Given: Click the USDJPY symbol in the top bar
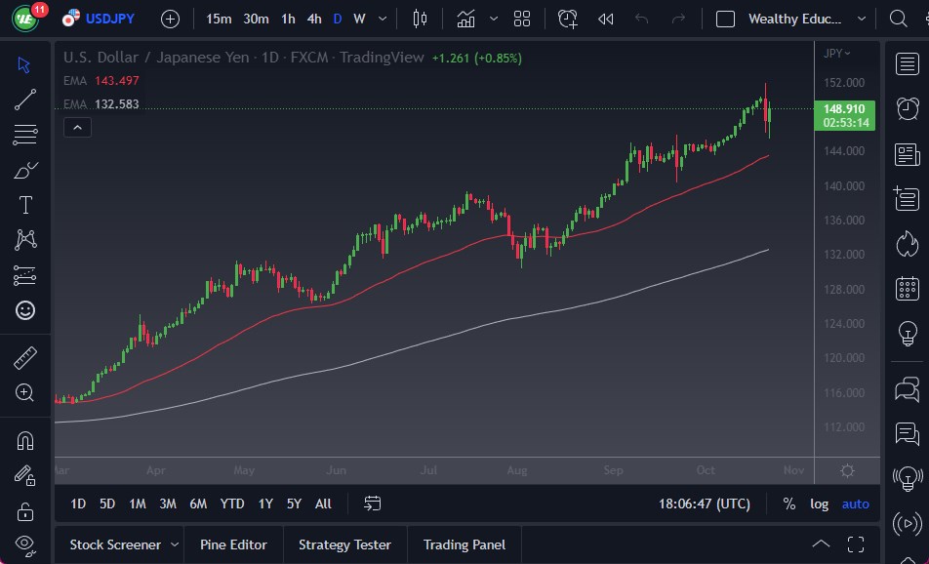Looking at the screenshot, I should click(x=109, y=19).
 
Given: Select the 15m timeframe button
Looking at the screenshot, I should click(x=219, y=19).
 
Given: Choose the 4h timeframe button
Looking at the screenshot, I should click(x=313, y=19).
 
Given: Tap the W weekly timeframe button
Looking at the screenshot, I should click(x=359, y=19).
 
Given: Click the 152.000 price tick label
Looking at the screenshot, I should click(x=844, y=82).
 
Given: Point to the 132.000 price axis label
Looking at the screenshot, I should click(x=844, y=255).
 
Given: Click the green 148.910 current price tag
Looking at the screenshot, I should click(x=844, y=109).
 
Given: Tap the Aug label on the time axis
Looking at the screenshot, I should click(x=516, y=470).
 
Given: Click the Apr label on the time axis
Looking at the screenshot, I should click(x=155, y=470).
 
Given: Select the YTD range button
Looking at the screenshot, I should click(x=232, y=504).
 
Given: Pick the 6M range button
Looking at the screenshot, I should click(x=198, y=504).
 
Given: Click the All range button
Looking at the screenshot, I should click(x=323, y=504).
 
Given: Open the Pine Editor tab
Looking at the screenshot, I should click(x=233, y=544).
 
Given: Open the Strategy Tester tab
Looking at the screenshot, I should click(x=344, y=544).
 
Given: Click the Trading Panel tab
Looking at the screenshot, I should click(x=464, y=544).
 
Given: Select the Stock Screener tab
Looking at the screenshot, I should click(x=114, y=544).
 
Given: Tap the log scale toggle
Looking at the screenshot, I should click(x=820, y=504).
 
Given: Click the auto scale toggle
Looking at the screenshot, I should click(x=856, y=504).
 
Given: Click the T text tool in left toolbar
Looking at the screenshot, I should click(x=25, y=205).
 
